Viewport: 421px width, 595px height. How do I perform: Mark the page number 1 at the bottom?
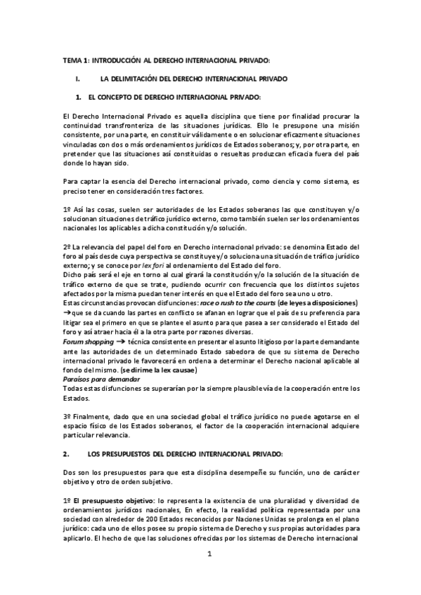tap(209, 554)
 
